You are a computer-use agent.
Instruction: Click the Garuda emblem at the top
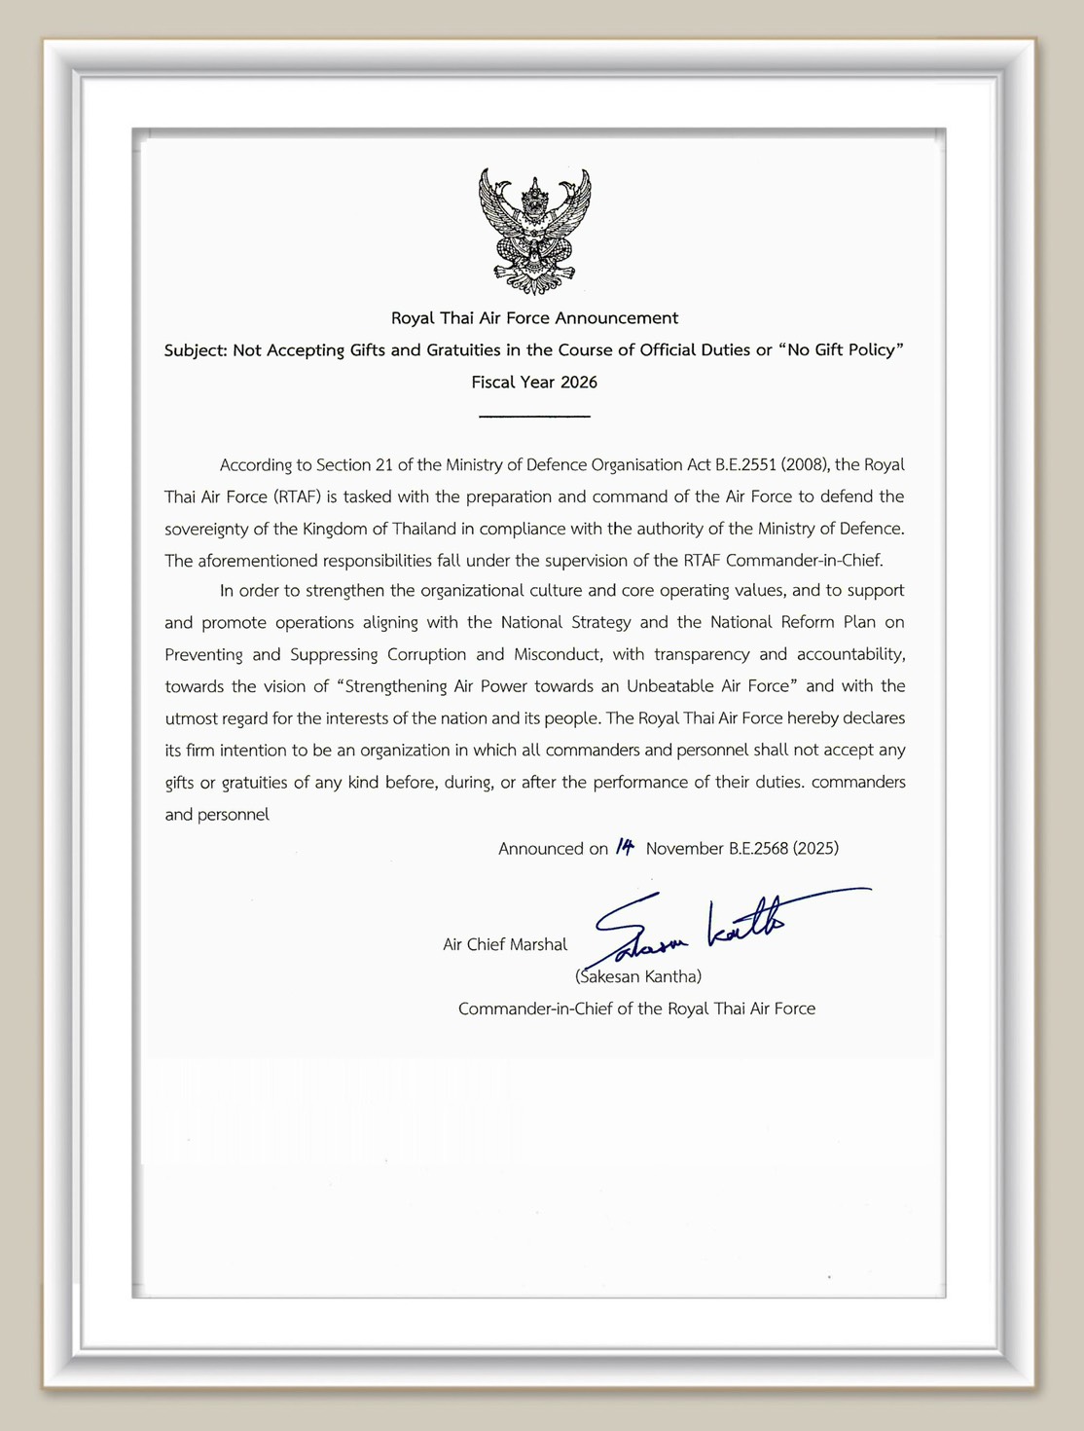(x=534, y=232)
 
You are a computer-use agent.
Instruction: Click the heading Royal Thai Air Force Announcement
(x=534, y=318)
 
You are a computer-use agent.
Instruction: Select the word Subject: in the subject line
(x=196, y=350)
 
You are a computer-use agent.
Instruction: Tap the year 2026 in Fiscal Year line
(x=578, y=383)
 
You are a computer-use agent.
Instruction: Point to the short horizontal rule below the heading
(x=534, y=417)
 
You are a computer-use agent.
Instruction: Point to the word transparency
(x=702, y=654)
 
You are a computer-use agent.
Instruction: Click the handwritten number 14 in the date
(x=625, y=847)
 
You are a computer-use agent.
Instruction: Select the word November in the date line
(x=684, y=849)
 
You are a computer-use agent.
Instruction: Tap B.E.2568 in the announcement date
(x=758, y=849)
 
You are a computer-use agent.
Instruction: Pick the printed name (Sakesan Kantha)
(x=638, y=976)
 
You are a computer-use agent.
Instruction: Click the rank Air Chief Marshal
(x=504, y=944)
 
